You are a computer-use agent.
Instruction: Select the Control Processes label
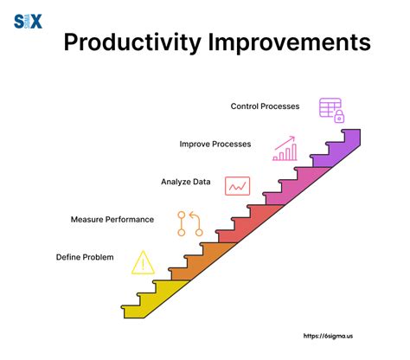[x=265, y=106]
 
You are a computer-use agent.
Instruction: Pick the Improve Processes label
[x=215, y=144]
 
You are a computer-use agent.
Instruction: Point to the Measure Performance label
[x=112, y=219]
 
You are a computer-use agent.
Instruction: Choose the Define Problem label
[x=85, y=257]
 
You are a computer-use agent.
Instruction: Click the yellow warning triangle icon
[x=142, y=261]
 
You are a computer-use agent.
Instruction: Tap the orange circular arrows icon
[x=190, y=223]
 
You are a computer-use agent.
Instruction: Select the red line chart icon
[x=237, y=185]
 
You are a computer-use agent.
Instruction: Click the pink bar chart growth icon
[x=285, y=149]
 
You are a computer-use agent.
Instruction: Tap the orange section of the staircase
[x=203, y=260]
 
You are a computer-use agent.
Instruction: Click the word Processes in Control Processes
[x=280, y=106]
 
